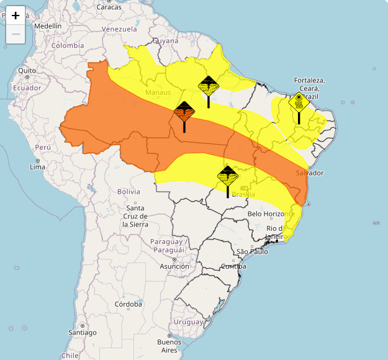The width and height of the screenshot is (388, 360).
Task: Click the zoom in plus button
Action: (16, 16)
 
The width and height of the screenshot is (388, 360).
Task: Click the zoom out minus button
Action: (16, 34)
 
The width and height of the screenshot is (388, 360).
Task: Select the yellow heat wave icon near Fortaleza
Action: (299, 103)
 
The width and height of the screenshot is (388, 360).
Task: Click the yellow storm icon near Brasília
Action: (228, 177)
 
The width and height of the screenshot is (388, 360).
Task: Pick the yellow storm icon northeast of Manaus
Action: (208, 86)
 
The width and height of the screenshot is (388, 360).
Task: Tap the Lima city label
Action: (37, 168)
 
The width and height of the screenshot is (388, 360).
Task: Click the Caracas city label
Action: (109, 7)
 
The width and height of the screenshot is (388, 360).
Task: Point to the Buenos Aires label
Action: (169, 345)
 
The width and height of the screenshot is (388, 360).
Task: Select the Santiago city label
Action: (82, 332)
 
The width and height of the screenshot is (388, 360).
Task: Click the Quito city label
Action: (27, 71)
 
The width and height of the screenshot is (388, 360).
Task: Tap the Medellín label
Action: (48, 26)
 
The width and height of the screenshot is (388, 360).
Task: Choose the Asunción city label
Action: (174, 266)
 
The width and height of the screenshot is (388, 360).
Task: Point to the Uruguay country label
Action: (188, 322)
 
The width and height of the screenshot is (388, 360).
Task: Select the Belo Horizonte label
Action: (274, 214)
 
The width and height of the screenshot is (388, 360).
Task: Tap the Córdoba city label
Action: (128, 304)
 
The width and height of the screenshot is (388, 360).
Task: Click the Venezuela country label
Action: (119, 29)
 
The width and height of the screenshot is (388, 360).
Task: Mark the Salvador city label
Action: (310, 173)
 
